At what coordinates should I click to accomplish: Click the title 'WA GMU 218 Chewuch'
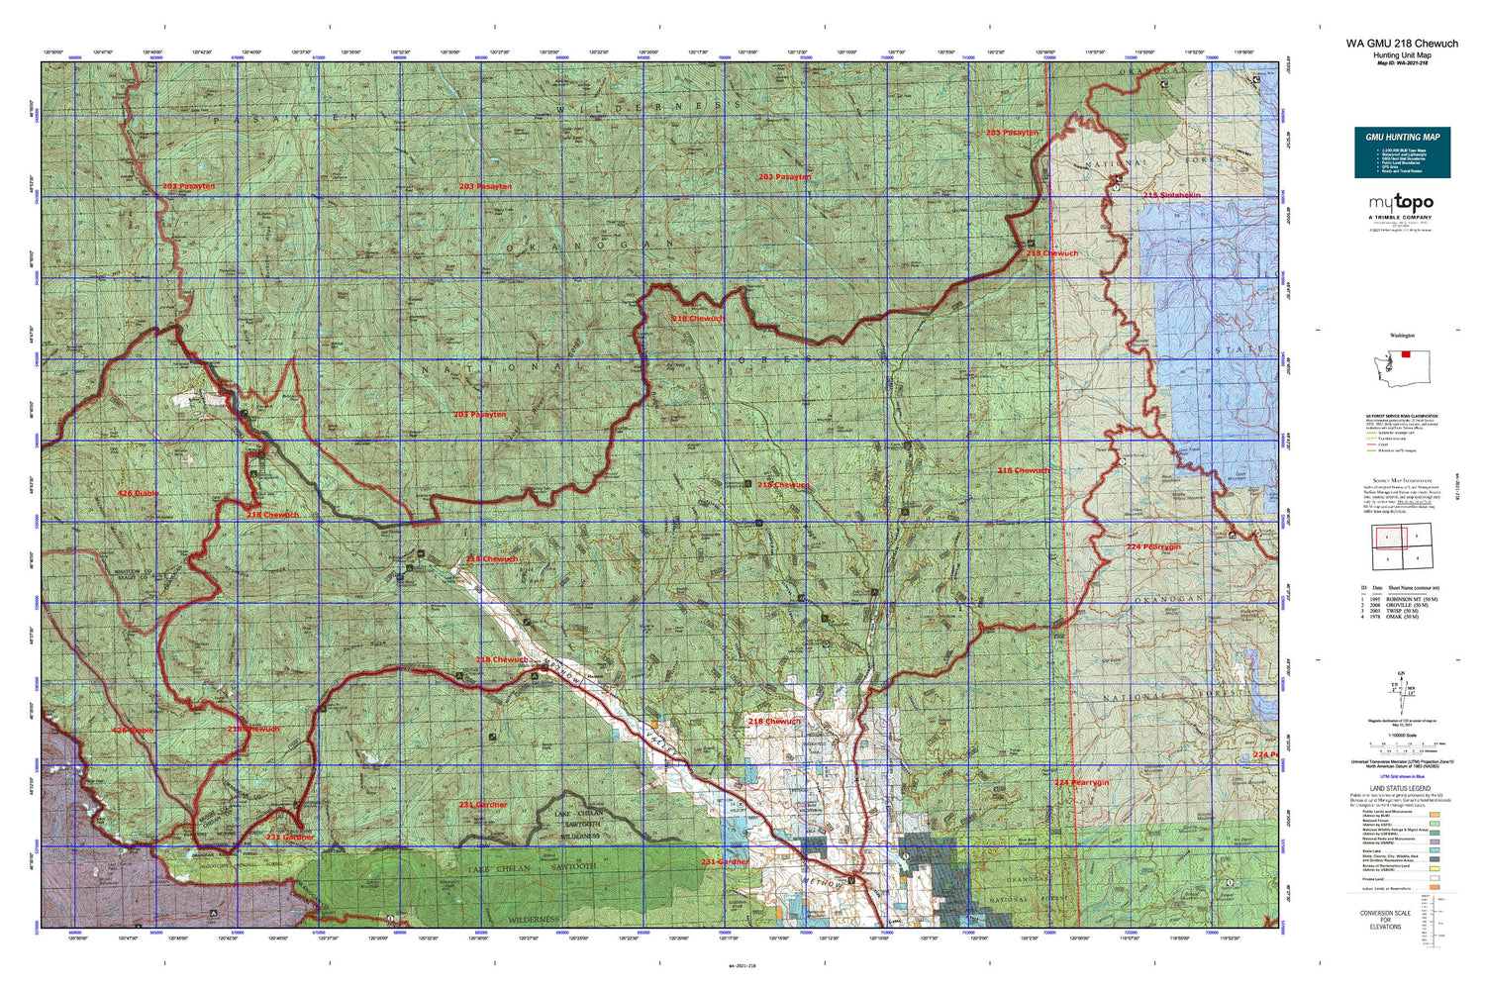(1401, 44)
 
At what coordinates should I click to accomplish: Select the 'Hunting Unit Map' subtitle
(1401, 55)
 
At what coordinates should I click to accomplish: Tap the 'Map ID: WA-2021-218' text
(1401, 64)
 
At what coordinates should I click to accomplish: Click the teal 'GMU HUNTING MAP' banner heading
(1402, 137)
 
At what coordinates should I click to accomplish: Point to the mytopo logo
(1401, 203)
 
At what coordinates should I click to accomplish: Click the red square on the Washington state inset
(1405, 353)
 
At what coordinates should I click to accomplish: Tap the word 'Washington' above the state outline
(1402, 336)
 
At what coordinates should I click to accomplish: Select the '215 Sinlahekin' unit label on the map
(1171, 195)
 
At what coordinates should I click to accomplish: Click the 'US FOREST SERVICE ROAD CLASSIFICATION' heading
(1401, 417)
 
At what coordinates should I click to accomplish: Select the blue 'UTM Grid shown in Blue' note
(1401, 778)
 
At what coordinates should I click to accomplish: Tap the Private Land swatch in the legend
(1435, 878)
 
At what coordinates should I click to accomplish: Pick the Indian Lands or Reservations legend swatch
(1435, 889)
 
